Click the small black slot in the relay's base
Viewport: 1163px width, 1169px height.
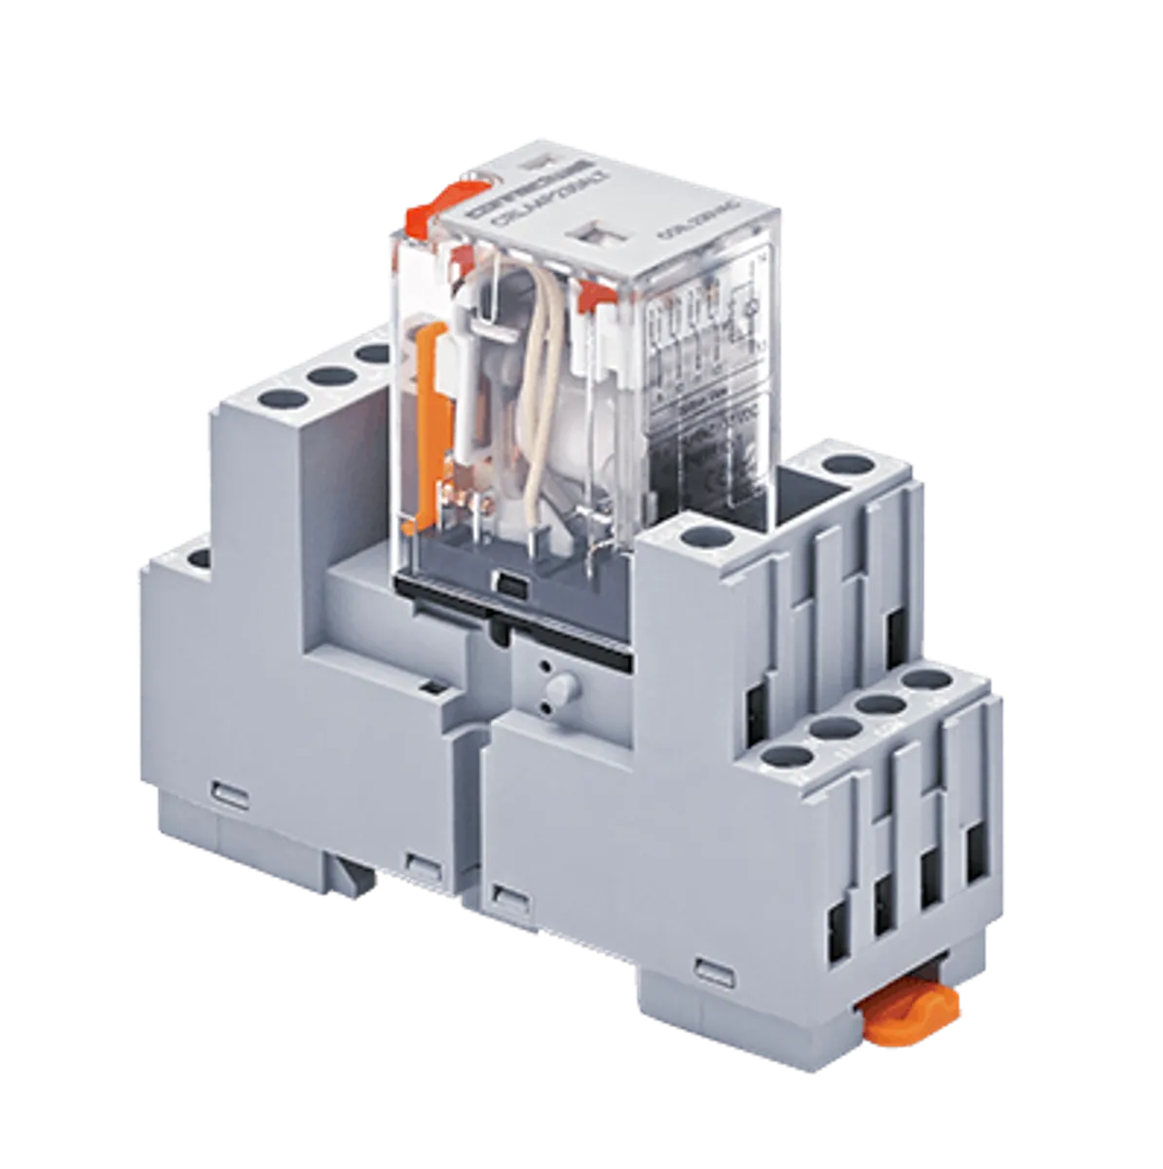(508, 585)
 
